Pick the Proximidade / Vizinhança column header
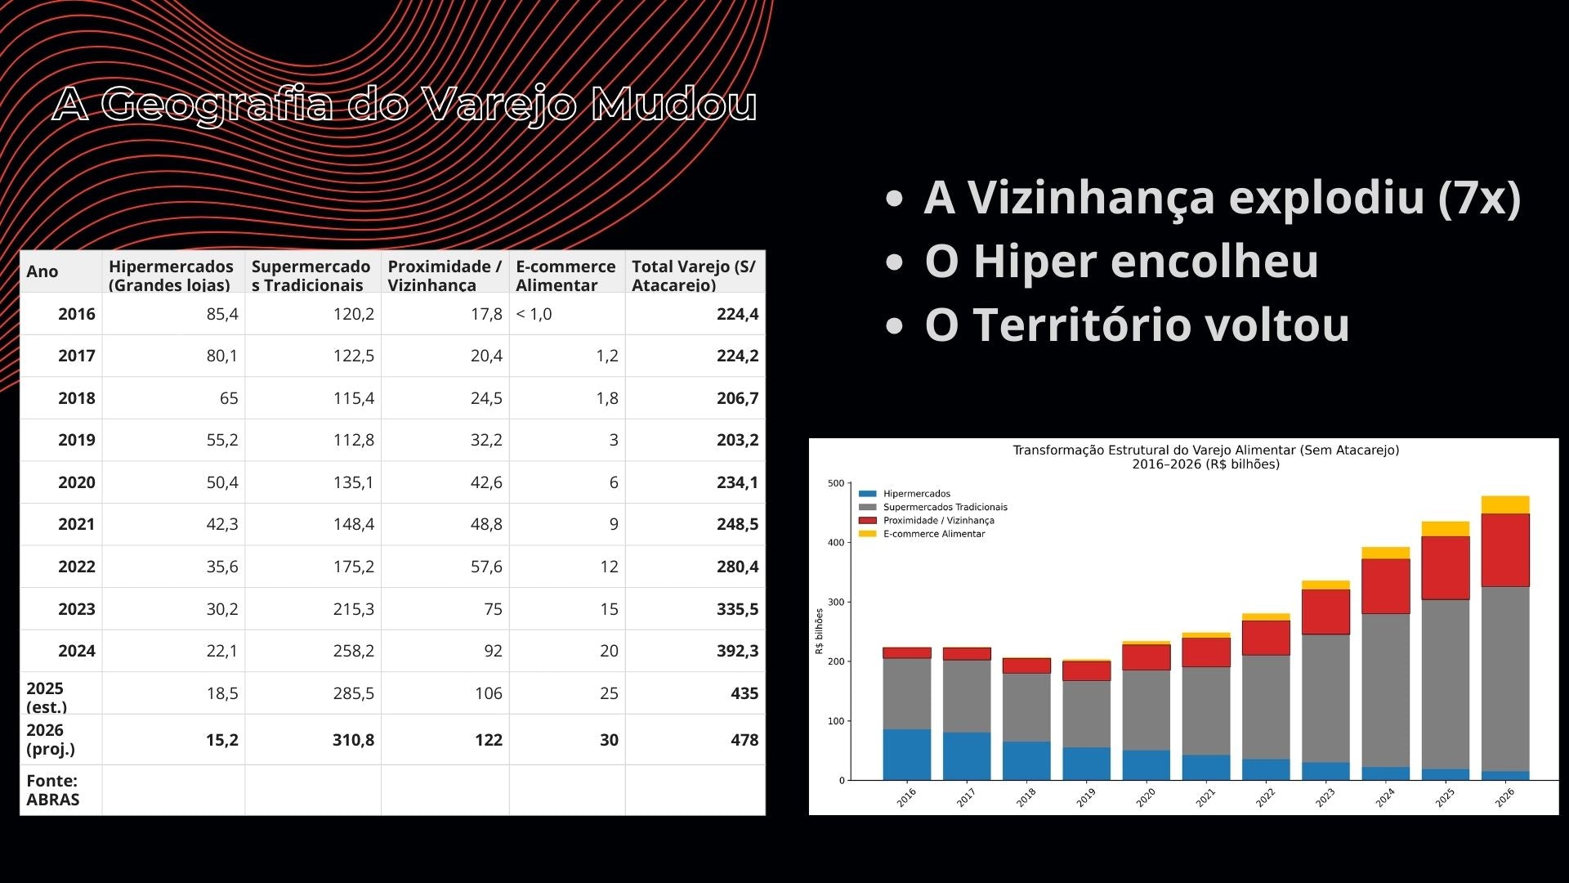pyautogui.click(x=445, y=275)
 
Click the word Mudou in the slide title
pyautogui.click(x=674, y=104)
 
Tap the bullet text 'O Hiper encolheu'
pyautogui.click(x=1121, y=262)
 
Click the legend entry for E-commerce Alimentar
pyautogui.click(x=933, y=534)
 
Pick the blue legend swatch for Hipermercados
pyautogui.click(x=867, y=494)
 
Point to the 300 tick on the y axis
pyautogui.click(x=835, y=603)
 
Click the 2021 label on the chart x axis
pyautogui.click(x=1205, y=797)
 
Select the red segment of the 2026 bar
pyautogui.click(x=1504, y=549)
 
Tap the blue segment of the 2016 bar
pyautogui.click(x=906, y=754)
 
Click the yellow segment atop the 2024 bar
pyautogui.click(x=1385, y=553)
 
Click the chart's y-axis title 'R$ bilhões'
pyautogui.click(x=819, y=630)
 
